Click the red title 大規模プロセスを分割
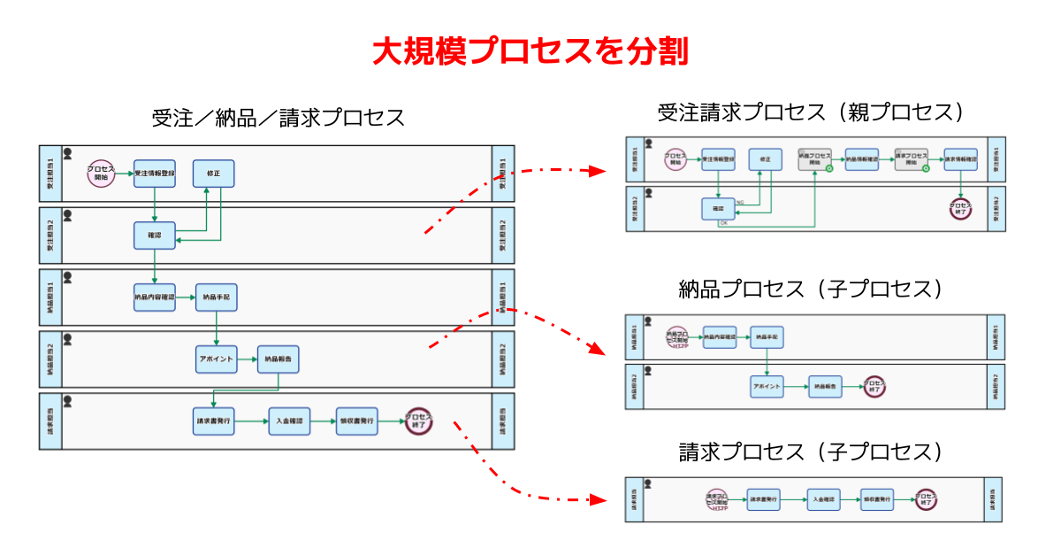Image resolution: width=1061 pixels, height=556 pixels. tap(530, 51)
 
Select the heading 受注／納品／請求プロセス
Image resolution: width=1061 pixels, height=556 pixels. tap(278, 119)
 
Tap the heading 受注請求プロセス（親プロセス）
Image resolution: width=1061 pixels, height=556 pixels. tap(810, 113)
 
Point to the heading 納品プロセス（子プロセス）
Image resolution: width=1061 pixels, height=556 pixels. tap(810, 290)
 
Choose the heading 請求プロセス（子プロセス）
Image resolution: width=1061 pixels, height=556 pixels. tap(810, 452)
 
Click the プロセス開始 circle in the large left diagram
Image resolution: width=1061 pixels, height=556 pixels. tap(102, 174)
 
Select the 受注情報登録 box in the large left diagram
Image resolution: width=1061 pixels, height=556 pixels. tap(155, 174)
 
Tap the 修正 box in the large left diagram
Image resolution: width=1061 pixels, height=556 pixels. tap(213, 174)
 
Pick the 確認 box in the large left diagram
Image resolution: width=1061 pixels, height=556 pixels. tap(155, 236)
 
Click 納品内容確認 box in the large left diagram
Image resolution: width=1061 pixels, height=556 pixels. tap(155, 297)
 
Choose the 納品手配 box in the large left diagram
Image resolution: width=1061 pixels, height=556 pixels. tap(217, 297)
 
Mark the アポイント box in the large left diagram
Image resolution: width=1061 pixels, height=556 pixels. tap(217, 359)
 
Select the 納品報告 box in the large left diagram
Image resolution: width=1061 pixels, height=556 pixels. tap(279, 359)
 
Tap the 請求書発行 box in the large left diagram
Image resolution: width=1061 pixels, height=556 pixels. tap(213, 421)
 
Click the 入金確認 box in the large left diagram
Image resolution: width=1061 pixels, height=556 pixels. tap(289, 421)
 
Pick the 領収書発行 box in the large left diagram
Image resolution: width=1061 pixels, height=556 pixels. tap(356, 421)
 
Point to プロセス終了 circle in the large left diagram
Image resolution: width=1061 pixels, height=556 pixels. tap(418, 421)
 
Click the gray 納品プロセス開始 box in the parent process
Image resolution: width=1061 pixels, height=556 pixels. tap(814, 159)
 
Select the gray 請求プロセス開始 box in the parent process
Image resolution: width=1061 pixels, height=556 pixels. tap(911, 159)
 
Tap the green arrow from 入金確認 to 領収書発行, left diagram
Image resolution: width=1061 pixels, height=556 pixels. tap(323, 421)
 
